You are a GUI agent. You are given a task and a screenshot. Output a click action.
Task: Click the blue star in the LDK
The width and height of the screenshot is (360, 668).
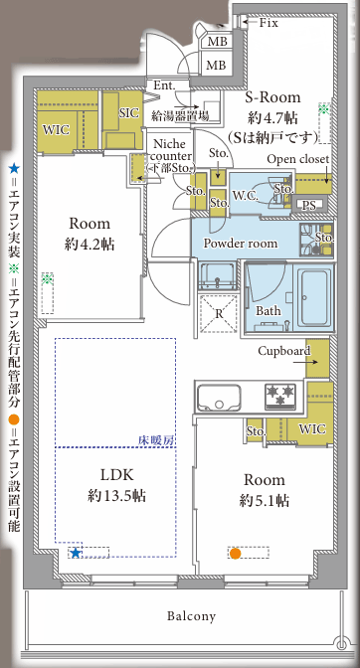click(76, 553)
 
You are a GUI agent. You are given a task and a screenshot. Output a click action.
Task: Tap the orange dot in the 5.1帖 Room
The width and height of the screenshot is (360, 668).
click(235, 554)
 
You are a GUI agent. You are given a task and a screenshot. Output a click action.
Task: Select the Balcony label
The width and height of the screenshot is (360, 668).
click(191, 616)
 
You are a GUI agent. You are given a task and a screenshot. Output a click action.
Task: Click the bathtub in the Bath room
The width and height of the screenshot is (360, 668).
click(316, 296)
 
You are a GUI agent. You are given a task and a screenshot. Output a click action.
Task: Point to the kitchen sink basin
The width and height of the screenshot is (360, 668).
click(219, 398)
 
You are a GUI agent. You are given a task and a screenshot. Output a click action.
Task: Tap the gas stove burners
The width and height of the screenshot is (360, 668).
click(280, 396)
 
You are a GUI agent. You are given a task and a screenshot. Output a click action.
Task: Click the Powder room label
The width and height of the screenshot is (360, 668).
click(241, 244)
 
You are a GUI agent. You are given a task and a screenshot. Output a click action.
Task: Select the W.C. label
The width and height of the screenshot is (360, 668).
click(246, 196)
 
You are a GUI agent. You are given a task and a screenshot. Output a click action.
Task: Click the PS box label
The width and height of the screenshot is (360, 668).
click(309, 206)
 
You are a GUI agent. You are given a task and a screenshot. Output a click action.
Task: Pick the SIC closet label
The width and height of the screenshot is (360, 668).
click(128, 113)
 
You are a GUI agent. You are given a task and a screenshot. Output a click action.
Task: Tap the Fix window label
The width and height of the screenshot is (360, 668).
click(269, 23)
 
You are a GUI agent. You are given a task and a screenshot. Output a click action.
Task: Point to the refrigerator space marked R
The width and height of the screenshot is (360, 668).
click(219, 313)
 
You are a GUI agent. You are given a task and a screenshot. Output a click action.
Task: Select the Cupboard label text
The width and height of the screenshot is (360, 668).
click(284, 351)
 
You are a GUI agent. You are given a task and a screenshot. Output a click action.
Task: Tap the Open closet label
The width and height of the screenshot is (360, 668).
click(298, 159)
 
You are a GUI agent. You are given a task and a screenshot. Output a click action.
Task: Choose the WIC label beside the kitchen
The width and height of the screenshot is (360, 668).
click(312, 429)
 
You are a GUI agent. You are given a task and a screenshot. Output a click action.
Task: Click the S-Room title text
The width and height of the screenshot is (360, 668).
click(272, 97)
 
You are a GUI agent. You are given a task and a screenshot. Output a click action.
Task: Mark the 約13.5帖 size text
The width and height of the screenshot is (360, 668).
click(116, 495)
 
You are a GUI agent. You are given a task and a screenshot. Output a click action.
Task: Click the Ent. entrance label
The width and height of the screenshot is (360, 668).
click(164, 85)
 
